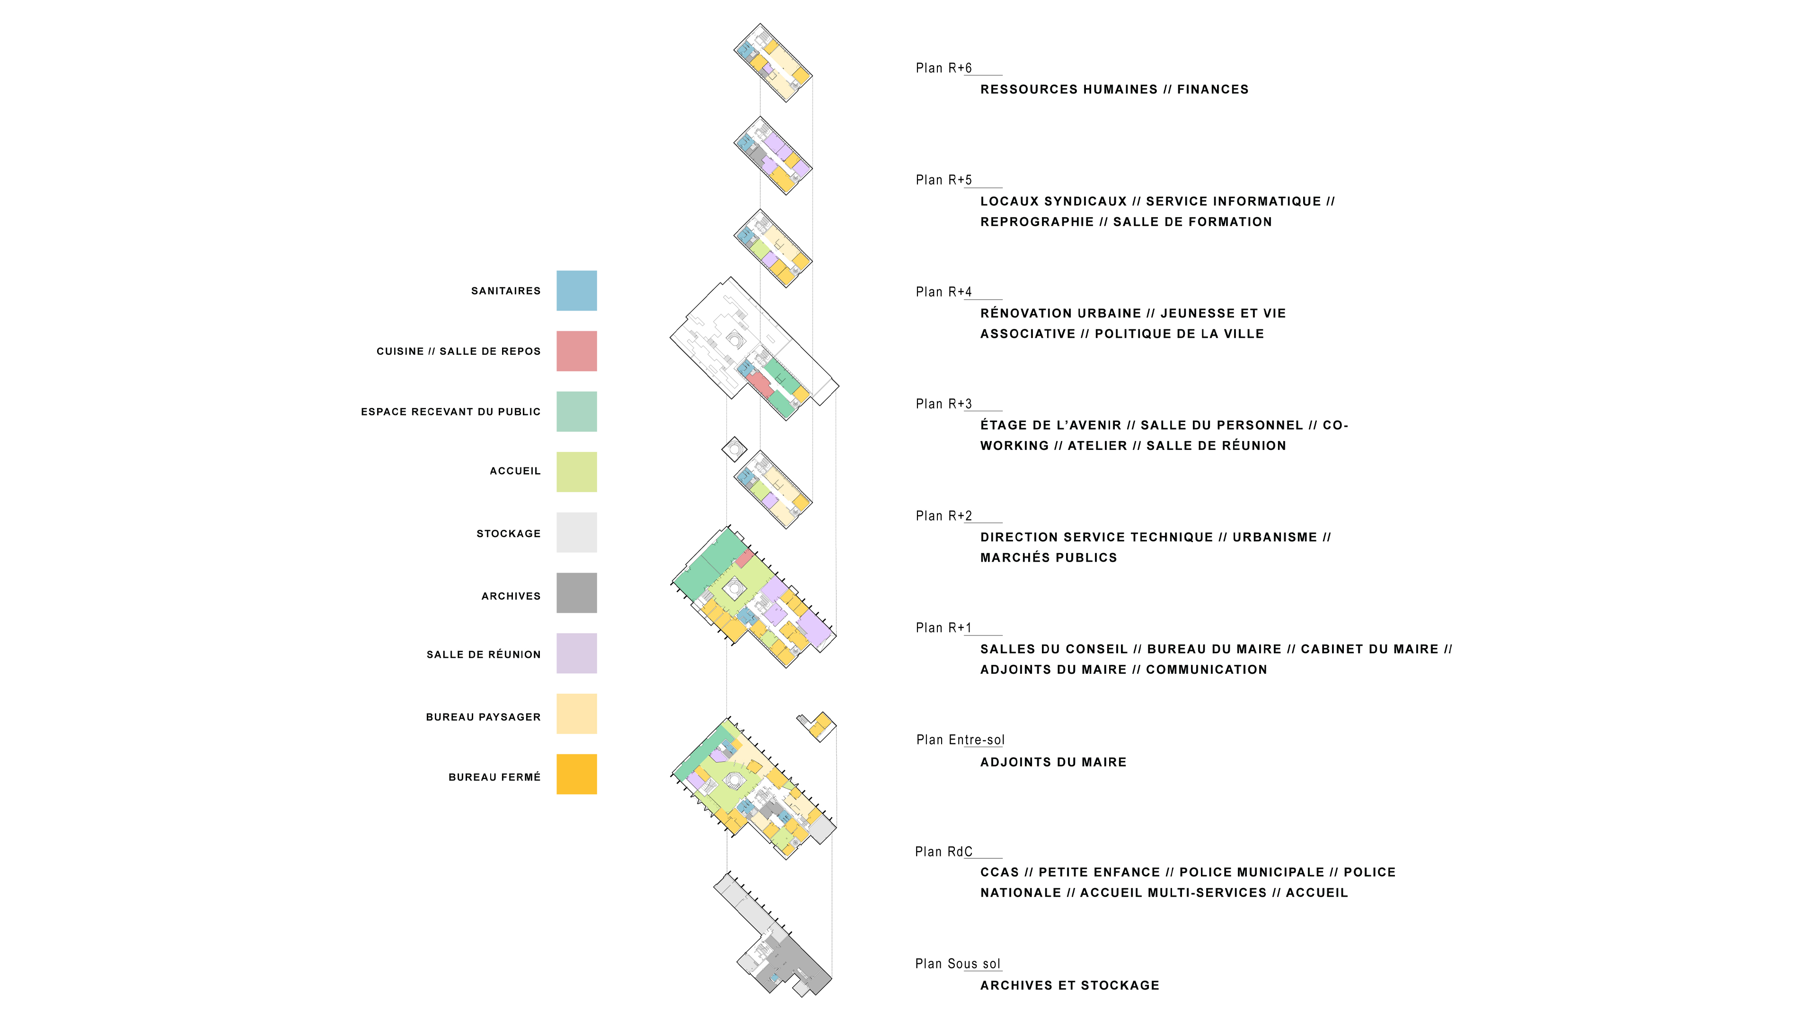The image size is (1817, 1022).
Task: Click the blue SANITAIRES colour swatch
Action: click(576, 291)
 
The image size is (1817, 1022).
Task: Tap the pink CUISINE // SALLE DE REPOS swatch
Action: click(576, 351)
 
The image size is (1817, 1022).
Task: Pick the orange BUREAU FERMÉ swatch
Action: click(576, 775)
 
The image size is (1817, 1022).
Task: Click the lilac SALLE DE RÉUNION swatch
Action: click(576, 653)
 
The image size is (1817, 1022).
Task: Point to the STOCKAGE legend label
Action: click(509, 534)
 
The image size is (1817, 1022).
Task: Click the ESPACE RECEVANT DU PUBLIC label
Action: click(451, 412)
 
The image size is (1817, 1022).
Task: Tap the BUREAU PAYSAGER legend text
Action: click(483, 717)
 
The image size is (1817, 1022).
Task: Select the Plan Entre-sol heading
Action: click(960, 740)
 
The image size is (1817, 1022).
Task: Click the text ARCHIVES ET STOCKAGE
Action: click(1069, 985)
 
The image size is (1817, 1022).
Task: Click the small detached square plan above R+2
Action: click(734, 449)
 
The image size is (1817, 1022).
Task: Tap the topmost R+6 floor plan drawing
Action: click(773, 63)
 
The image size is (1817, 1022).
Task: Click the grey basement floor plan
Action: click(774, 934)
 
